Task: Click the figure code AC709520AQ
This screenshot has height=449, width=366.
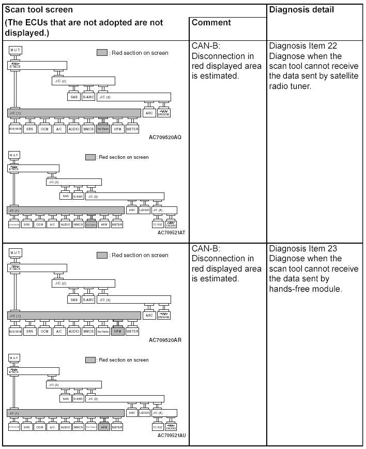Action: coord(165,137)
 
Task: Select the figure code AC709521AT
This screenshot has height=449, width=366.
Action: coord(172,233)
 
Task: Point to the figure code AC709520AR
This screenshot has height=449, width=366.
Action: coord(165,340)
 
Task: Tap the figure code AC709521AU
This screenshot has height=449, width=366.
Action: coord(172,436)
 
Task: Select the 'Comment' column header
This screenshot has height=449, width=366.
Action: coord(210,22)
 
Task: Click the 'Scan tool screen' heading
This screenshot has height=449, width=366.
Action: coord(39,9)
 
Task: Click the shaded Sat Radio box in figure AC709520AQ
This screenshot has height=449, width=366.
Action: coord(103,129)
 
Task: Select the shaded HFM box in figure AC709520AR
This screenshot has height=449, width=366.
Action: coord(117,331)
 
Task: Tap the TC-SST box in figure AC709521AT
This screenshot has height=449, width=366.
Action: coord(158,224)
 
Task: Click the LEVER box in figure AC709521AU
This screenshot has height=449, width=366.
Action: coord(145,413)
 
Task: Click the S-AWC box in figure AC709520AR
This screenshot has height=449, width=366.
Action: coord(88,300)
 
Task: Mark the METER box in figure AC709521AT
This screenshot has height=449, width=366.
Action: coord(117,224)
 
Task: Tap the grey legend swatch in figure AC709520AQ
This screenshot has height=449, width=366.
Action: coord(102,53)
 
